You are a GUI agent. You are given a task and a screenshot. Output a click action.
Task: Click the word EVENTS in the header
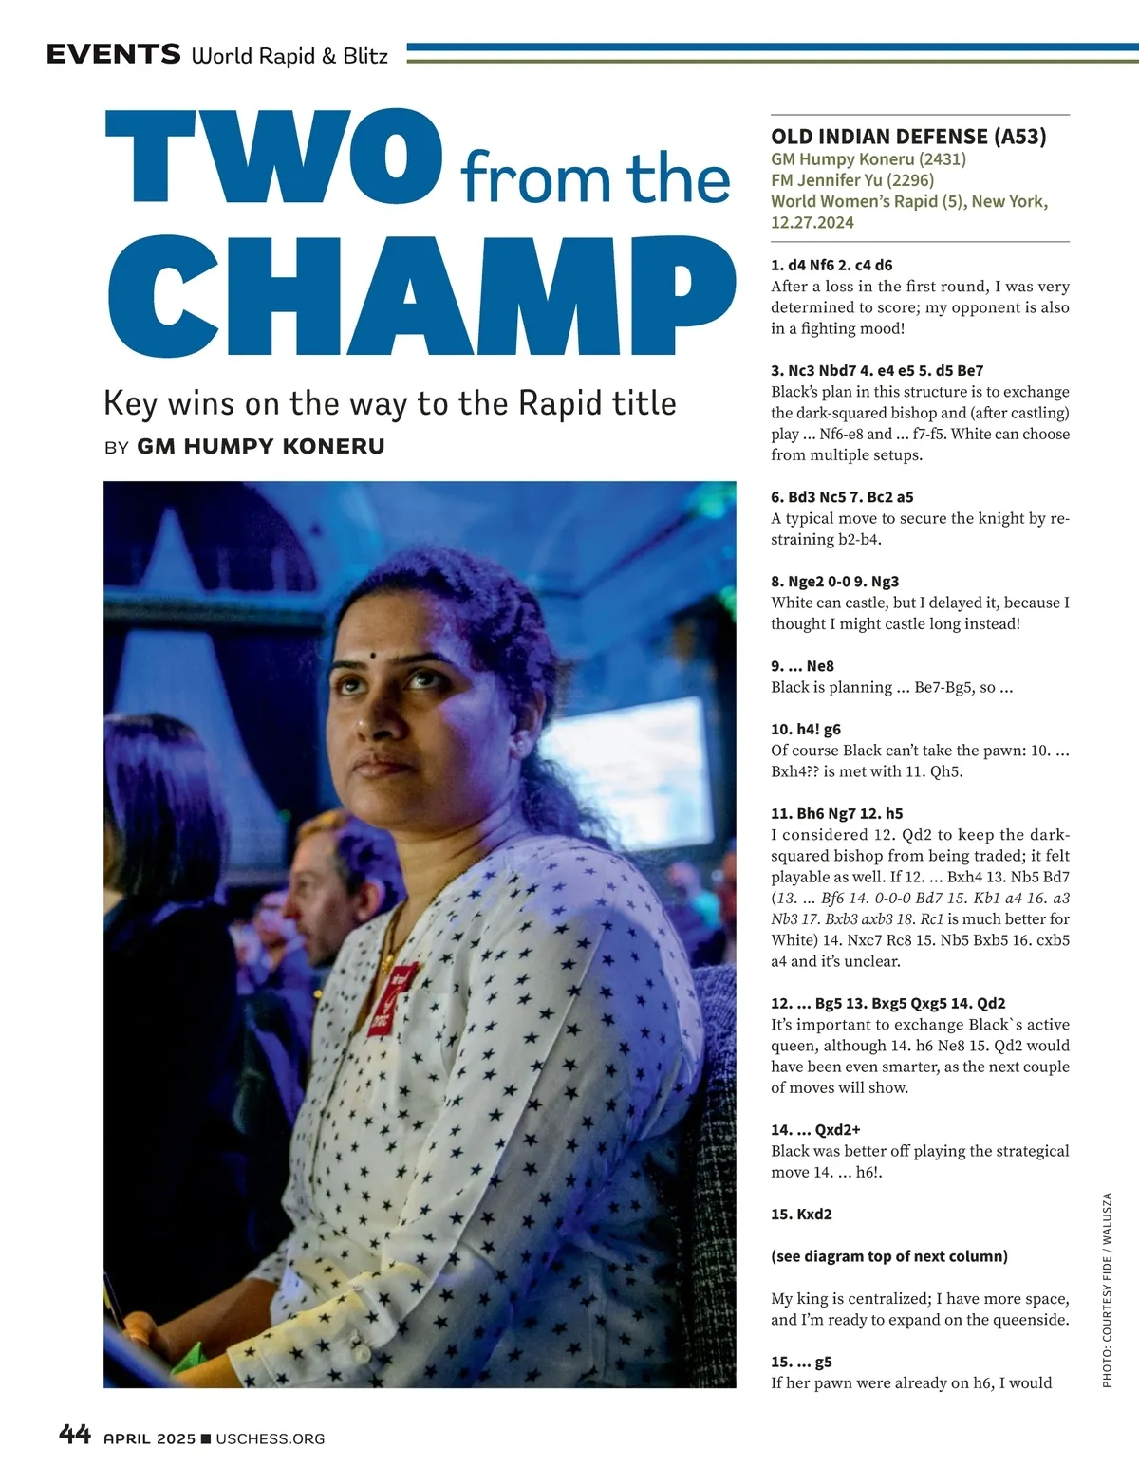[113, 55]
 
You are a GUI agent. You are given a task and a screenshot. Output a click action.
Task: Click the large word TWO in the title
[273, 158]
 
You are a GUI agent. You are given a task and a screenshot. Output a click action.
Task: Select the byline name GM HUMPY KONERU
[261, 446]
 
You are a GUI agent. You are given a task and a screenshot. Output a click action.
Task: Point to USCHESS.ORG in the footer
[270, 1438]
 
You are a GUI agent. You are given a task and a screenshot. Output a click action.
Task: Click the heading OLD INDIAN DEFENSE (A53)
[908, 137]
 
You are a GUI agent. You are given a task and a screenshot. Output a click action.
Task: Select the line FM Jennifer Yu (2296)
[852, 179]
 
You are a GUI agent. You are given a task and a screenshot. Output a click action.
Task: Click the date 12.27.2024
[812, 222]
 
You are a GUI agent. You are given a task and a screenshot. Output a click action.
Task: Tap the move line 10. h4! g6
[806, 730]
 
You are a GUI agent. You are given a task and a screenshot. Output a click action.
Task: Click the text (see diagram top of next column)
[889, 1256]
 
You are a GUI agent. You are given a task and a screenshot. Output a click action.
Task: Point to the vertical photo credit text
[1107, 1290]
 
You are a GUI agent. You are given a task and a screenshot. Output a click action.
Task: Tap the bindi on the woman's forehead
[374, 656]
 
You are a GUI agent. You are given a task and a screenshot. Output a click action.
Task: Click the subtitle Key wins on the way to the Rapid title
[389, 403]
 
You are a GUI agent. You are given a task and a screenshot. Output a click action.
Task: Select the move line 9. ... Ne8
[802, 666]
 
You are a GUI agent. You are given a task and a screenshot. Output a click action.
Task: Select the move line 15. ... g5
[801, 1362]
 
